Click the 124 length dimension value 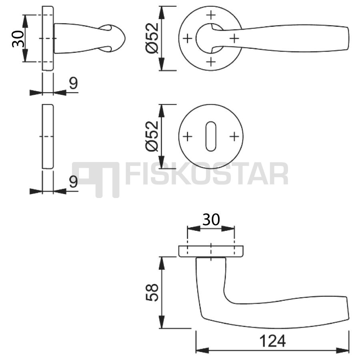(x=272, y=341)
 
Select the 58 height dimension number (x=152, y=292)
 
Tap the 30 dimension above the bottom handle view (x=211, y=220)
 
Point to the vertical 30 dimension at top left (x=18, y=38)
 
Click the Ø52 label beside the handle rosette (x=152, y=38)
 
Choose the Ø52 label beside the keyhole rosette (x=152, y=136)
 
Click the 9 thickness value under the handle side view (x=74, y=83)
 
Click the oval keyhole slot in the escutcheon (x=211, y=137)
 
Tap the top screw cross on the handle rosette (x=211, y=15)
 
